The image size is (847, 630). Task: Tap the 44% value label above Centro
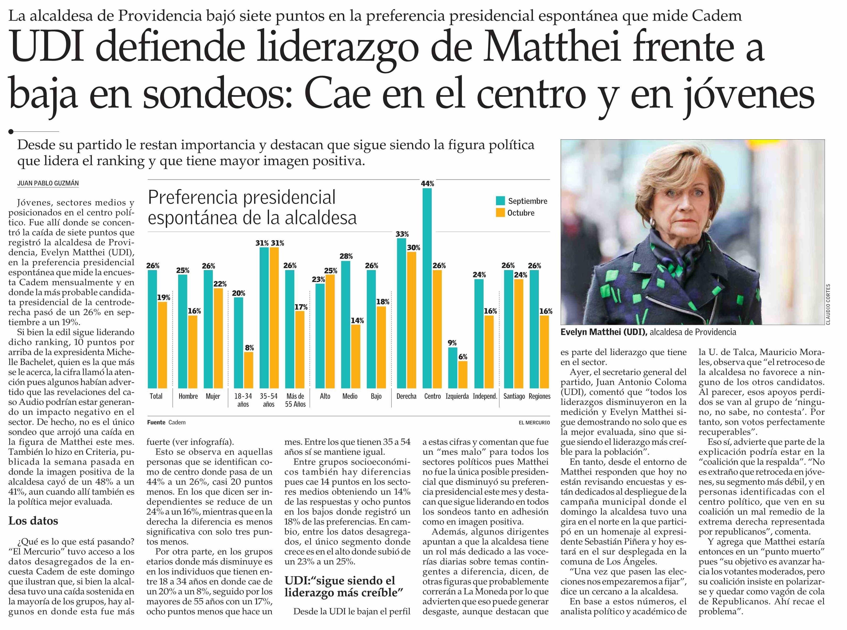[x=427, y=183]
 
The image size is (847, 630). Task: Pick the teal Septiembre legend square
[x=500, y=201]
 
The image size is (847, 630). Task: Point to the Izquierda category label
[x=457, y=396]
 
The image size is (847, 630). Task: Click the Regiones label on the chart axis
[x=539, y=396]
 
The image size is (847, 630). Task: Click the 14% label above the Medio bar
[x=357, y=320]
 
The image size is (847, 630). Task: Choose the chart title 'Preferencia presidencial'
[x=242, y=197]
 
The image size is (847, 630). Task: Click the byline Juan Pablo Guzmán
[x=48, y=183]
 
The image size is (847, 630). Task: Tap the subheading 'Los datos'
[x=33, y=521]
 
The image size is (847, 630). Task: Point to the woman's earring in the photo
[x=652, y=222]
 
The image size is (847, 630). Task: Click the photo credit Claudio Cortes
[x=828, y=304]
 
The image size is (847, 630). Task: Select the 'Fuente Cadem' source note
[x=166, y=422]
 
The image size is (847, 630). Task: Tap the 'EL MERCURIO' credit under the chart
[x=534, y=422]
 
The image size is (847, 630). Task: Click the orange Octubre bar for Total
[x=162, y=345]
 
